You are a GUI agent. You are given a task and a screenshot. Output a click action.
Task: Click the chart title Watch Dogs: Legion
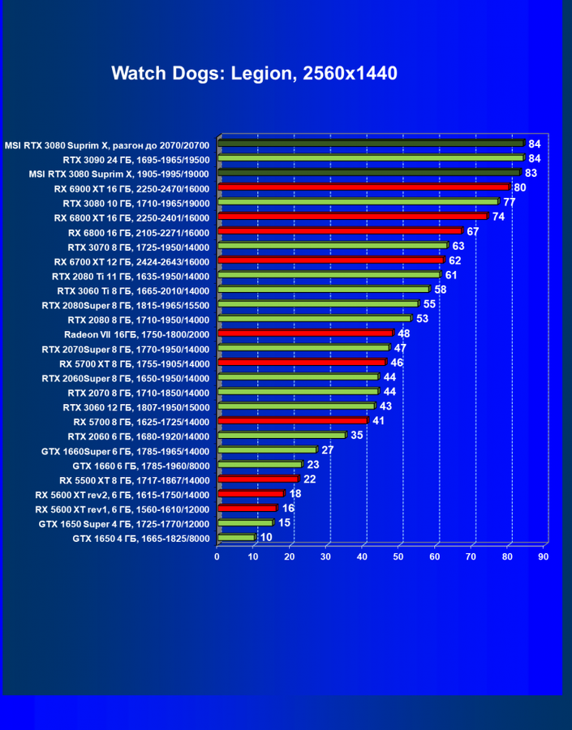pyautogui.click(x=254, y=74)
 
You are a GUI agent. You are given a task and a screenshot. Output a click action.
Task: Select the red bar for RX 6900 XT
pyautogui.click(x=363, y=187)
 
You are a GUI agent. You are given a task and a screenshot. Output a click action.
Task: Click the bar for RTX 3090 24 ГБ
pyautogui.click(x=370, y=158)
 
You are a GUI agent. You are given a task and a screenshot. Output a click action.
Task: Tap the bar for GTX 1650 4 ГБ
pyautogui.click(x=236, y=538)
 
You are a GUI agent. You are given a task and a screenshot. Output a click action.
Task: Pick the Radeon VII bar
pyautogui.click(x=305, y=333)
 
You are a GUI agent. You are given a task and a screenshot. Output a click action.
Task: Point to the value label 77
pyautogui.click(x=510, y=202)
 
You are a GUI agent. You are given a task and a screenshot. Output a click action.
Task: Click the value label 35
pyautogui.click(x=357, y=436)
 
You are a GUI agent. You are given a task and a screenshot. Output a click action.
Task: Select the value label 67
pyautogui.click(x=473, y=231)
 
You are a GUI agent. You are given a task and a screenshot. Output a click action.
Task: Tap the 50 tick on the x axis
pyautogui.click(x=398, y=556)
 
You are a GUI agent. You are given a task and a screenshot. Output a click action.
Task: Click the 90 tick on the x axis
pyautogui.click(x=544, y=556)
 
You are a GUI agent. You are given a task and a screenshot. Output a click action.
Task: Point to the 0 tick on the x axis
pyautogui.click(x=217, y=556)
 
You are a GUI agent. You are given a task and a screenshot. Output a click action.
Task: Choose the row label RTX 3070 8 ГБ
pyautogui.click(x=138, y=247)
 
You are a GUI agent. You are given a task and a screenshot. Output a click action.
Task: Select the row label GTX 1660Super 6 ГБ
pyautogui.click(x=125, y=451)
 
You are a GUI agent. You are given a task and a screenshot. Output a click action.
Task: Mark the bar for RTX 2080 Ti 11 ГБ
pyautogui.click(x=329, y=275)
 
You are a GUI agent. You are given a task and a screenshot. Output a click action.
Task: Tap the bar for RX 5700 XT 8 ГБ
pyautogui.click(x=301, y=363)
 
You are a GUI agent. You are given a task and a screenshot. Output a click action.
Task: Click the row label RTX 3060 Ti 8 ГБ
pyautogui.click(x=133, y=290)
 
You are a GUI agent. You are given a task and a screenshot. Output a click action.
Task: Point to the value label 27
pyautogui.click(x=328, y=450)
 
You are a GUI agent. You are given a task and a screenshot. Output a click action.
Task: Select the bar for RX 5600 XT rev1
pyautogui.click(x=247, y=509)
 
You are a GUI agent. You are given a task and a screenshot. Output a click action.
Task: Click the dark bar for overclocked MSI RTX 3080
pyautogui.click(x=370, y=144)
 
